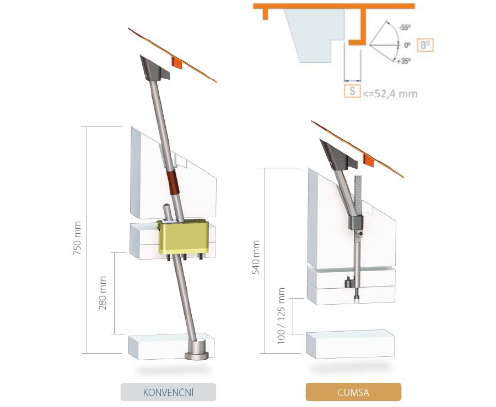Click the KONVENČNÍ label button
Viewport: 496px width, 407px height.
168,392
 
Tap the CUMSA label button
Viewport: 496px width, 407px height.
353,392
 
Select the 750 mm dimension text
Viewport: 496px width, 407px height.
77,238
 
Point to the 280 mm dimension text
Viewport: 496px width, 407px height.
103,293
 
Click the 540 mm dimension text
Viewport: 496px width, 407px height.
256,257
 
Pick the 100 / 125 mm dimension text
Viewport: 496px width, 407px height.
281,316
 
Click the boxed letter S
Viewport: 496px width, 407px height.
352,91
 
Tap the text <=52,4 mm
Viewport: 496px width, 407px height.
390,94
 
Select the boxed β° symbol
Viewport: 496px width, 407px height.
425,45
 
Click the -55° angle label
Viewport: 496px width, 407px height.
405,28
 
